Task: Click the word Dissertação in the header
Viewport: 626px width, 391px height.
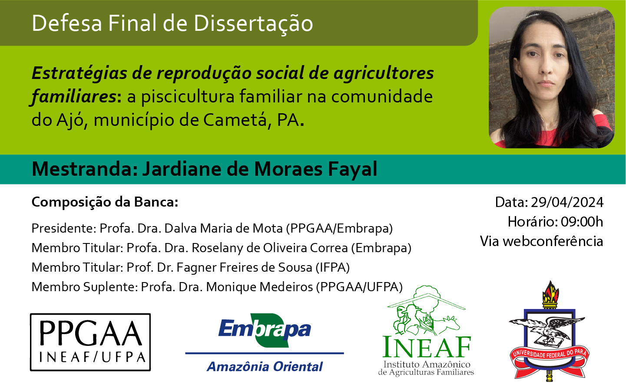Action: pos(253,23)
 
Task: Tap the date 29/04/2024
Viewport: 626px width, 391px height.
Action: pos(567,202)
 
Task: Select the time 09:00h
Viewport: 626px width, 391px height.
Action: pos(582,222)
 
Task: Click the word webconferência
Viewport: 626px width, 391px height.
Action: pos(553,241)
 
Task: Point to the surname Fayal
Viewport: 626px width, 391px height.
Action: pos(353,169)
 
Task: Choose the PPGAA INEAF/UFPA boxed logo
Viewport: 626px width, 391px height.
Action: pos(90,342)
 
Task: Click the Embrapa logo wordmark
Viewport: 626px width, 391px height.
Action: pos(265,330)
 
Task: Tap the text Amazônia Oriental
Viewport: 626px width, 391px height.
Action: pos(265,367)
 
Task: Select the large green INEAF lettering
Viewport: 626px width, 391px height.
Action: pos(427,347)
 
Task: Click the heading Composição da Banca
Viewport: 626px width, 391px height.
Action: pos(105,202)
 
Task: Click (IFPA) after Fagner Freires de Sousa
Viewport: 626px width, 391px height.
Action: pos(333,267)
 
